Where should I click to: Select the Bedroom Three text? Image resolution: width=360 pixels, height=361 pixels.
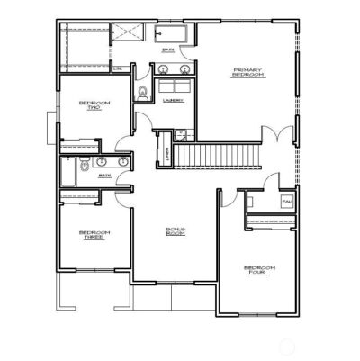click(x=94, y=235)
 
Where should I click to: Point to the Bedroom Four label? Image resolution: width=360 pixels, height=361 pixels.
click(x=259, y=269)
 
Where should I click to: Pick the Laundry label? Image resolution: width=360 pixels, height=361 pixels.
click(x=172, y=100)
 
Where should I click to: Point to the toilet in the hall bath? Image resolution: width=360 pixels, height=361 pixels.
click(x=83, y=164)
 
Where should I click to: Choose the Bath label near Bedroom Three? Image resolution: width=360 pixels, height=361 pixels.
click(x=103, y=175)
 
